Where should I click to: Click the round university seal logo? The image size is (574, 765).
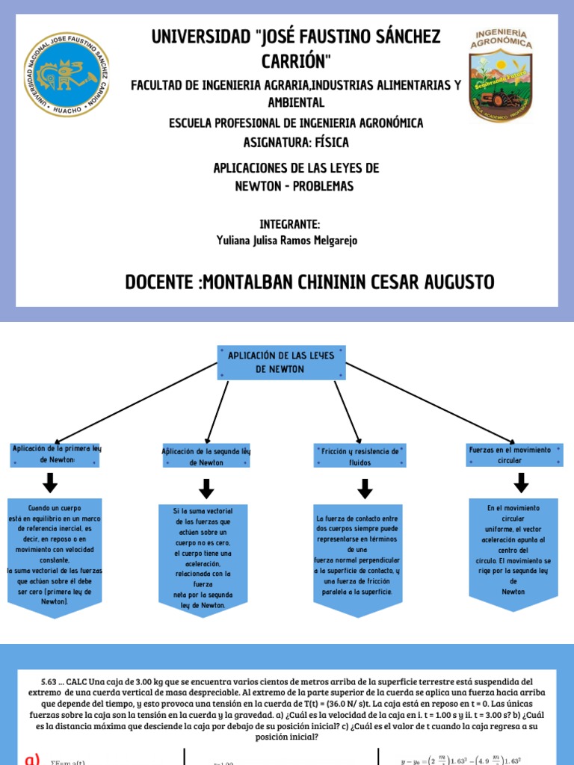click(x=67, y=75)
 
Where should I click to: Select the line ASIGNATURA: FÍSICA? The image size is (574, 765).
click(x=296, y=142)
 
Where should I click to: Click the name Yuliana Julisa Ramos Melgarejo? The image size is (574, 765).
click(x=287, y=240)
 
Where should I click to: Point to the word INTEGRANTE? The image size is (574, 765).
click(x=290, y=224)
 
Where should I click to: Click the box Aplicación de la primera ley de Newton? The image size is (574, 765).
click(x=55, y=454)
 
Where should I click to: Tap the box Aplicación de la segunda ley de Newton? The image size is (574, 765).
click(x=206, y=457)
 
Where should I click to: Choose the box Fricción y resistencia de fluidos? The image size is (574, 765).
click(x=359, y=456)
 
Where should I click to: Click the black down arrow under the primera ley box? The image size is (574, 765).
click(x=51, y=484)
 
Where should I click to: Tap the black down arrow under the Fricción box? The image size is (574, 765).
click(x=365, y=489)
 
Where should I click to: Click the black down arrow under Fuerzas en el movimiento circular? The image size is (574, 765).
click(x=512, y=484)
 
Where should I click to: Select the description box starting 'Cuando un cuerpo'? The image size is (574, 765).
click(x=54, y=553)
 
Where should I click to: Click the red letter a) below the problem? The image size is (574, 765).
click(x=32, y=758)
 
